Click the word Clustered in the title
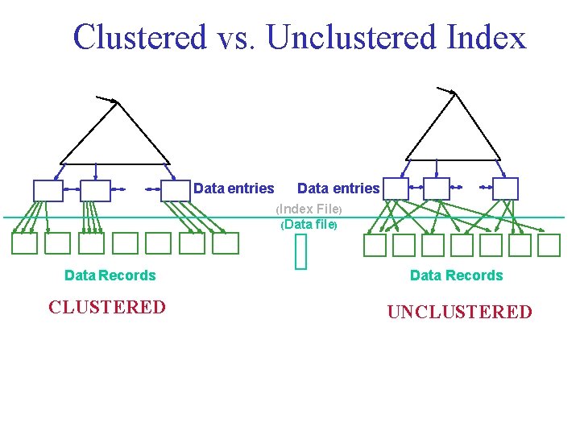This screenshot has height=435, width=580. click(x=139, y=37)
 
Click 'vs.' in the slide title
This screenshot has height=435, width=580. click(x=236, y=37)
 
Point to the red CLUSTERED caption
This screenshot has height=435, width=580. click(x=107, y=308)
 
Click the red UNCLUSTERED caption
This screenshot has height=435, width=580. click(x=459, y=313)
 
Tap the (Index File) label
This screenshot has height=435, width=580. click(x=310, y=209)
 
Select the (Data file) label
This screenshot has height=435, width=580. click(x=309, y=225)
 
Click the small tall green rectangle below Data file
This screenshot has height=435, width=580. click(x=301, y=254)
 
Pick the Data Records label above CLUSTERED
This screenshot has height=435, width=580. click(x=110, y=275)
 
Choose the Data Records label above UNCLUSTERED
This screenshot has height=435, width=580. click(x=456, y=275)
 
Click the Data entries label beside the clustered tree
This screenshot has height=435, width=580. click(x=234, y=188)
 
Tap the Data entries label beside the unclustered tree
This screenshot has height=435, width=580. click(x=338, y=188)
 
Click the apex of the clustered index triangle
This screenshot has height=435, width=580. click(x=118, y=102)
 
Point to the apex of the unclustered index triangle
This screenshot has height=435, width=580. click(x=456, y=93)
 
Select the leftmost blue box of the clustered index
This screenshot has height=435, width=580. click(x=48, y=190)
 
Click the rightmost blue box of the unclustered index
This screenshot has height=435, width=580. click(x=505, y=188)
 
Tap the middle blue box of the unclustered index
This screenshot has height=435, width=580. click(x=437, y=188)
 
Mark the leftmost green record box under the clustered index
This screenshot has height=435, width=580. click(x=24, y=243)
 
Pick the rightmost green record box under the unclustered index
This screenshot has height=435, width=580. click(x=549, y=245)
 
